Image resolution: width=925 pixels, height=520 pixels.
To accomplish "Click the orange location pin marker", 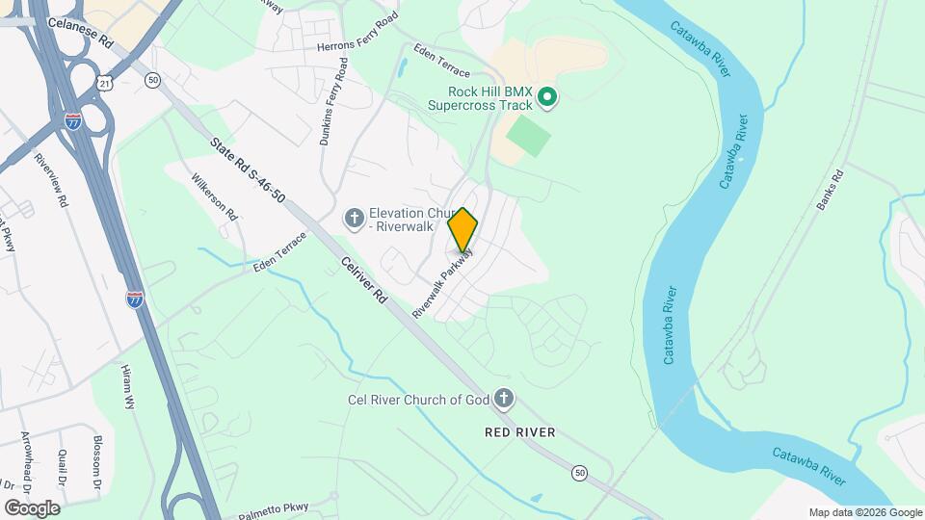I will (463, 229).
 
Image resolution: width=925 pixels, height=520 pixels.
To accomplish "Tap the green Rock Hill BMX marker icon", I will (547, 95).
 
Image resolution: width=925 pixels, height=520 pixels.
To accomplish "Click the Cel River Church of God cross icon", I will (503, 399).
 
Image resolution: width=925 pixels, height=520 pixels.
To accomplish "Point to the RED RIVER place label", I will (520, 432).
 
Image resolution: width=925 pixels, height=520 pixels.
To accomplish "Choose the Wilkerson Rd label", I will (214, 196).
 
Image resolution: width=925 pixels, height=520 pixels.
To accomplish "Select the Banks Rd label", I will (829, 191).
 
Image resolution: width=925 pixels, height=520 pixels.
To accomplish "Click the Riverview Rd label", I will (51, 180).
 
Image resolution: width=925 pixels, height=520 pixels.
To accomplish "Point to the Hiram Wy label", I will (128, 387).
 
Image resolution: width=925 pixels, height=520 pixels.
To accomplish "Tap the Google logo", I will (32, 507).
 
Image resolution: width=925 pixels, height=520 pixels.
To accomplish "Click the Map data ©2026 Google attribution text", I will (865, 512).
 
